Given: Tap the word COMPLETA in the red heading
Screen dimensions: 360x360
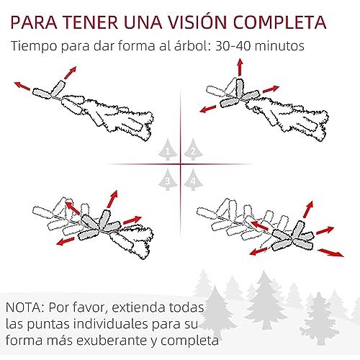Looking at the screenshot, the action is tap(279, 22).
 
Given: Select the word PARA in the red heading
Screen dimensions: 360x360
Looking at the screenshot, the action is tap(34, 22).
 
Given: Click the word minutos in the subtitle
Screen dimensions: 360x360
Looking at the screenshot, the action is tap(279, 46).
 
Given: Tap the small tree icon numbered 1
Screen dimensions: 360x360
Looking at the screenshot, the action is tap(168, 150).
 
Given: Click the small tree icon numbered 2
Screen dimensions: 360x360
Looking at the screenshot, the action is tap(193, 150).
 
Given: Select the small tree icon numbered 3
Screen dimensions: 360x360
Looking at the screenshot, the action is tap(168, 179).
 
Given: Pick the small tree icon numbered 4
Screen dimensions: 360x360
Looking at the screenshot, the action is tap(193, 179).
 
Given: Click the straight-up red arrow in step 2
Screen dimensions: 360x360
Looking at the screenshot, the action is tap(240, 67).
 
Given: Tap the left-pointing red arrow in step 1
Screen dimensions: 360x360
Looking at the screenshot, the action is tap(22, 86).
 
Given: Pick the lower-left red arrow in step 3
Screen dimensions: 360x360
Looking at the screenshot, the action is tap(66, 241).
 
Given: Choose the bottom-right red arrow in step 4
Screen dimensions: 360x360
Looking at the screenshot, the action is tap(330, 253).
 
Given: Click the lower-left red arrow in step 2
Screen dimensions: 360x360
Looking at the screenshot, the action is tap(209, 109).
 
